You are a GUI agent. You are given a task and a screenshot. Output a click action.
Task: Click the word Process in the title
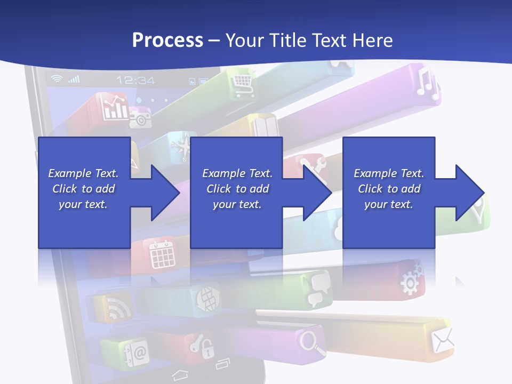coord(167,40)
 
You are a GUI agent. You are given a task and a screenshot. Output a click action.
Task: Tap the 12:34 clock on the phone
coord(135,80)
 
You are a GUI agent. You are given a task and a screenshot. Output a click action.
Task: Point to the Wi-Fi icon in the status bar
coord(57,79)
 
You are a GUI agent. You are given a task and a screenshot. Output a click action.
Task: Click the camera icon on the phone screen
coord(140,117)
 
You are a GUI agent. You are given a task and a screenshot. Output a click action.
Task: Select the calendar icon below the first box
coord(162,254)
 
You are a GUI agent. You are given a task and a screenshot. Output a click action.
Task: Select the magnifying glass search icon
coord(313,342)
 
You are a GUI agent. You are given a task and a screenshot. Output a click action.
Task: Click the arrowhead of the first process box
coord(165,193)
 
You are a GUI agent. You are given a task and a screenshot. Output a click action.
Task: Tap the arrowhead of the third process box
coord(469,193)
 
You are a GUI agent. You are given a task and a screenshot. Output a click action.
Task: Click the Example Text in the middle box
coord(237,173)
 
